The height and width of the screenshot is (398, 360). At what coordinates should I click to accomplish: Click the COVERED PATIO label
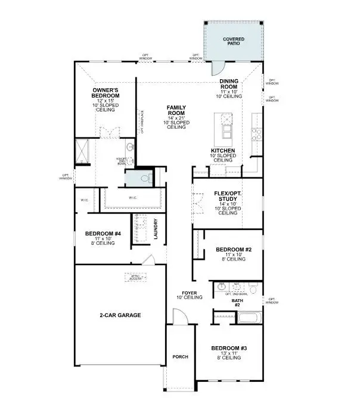pyautogui.click(x=234, y=42)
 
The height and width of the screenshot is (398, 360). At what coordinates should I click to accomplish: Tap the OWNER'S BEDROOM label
pyautogui.click(x=105, y=94)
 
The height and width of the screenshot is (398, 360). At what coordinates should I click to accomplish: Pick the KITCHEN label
pyautogui.click(x=222, y=151)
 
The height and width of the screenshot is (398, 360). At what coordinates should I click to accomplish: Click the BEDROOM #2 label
pyautogui.click(x=231, y=250)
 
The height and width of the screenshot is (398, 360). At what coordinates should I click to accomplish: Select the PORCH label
pyautogui.click(x=180, y=357)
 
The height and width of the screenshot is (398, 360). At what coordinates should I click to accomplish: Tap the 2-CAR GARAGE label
pyautogui.click(x=120, y=315)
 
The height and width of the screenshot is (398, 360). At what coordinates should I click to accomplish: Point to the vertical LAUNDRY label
pyautogui.click(x=156, y=229)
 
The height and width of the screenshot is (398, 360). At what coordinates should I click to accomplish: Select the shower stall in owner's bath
pyautogui.click(x=81, y=151)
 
